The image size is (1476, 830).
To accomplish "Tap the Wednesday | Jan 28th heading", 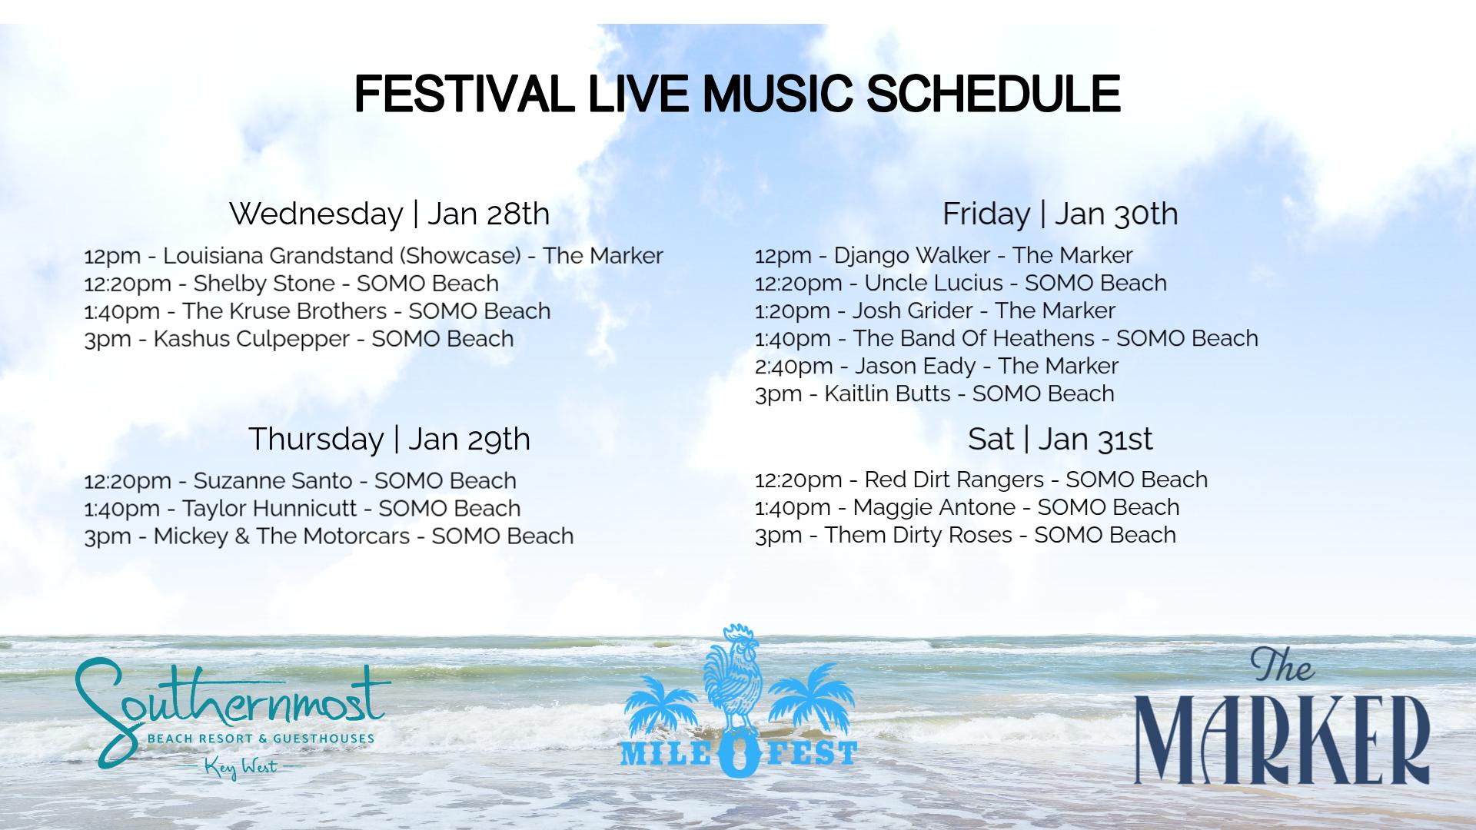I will click(389, 214).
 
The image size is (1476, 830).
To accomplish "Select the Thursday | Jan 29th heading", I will click(389, 439).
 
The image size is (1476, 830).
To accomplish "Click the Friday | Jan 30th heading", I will click(1060, 214).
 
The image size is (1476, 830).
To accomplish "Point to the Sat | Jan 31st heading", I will click(1060, 439).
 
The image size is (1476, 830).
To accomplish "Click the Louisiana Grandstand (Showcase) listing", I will click(373, 256).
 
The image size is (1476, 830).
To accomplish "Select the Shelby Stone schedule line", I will click(291, 284).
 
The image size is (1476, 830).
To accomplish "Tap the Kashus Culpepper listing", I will click(298, 339).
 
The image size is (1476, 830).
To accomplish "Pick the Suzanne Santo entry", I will click(300, 481).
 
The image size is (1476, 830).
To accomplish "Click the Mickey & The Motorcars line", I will click(328, 536).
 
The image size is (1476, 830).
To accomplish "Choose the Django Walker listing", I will click(943, 256).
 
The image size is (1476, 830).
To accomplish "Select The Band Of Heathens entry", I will click(1006, 338).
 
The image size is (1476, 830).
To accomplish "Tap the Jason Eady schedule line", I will click(936, 367).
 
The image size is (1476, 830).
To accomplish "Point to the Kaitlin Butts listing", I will click(934, 394).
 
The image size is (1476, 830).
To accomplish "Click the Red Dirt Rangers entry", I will click(981, 480).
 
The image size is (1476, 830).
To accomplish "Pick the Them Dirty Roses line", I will click(965, 536).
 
